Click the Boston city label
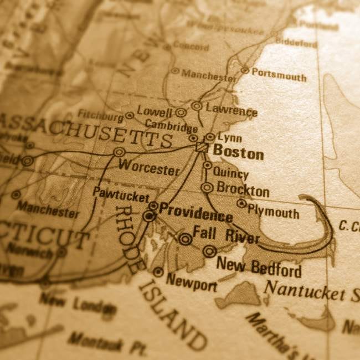coord(238,152)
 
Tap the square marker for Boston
coord(202,147)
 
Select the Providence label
coord(196,212)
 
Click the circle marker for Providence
coord(149,215)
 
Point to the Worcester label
coord(149,168)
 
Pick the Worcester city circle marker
coord(119,152)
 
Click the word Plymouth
coord(273,211)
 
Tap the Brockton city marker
coord(207,188)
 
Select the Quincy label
coord(230,173)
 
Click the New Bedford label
coord(259,267)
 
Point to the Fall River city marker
coord(185,239)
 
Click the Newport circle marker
coord(158,271)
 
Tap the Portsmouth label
coord(279,74)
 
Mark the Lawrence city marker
coord(197,105)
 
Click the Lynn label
coord(230,137)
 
